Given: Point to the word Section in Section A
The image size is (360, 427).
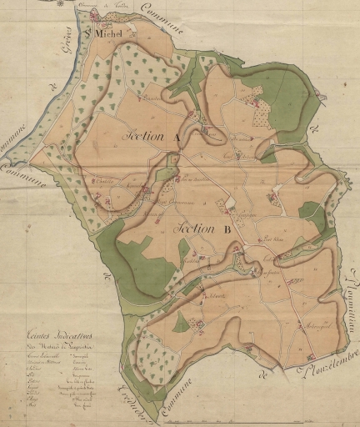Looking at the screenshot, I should click(x=145, y=135).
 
